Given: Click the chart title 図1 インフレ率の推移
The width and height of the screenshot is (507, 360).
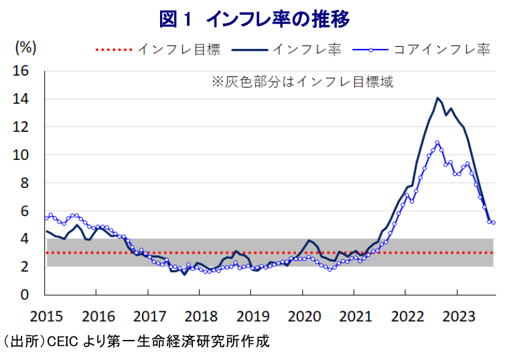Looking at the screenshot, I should coord(255,19).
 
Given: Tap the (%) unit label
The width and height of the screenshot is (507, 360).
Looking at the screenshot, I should coord(25,48).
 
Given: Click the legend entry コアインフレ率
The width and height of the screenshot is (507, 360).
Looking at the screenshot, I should coord(441,49).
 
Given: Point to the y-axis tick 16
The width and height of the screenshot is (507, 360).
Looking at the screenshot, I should coord(21,71).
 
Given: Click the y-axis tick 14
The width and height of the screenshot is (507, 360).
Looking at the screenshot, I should coord(21,99).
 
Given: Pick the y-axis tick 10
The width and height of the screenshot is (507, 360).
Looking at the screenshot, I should coord(21,155).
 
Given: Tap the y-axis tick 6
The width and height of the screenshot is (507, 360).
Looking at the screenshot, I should coord(24,211).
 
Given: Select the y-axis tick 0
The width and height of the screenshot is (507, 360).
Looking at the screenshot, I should coord(24,294).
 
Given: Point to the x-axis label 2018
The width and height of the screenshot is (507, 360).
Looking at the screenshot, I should coord(199,314).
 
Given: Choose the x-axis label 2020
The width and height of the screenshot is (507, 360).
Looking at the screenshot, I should coord(302,314).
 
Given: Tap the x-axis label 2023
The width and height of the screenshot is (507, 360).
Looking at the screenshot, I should coord(457,314).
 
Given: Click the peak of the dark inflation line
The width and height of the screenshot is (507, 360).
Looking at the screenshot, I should coord(438,98).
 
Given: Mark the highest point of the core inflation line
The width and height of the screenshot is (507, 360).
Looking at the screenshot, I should coord(437,143).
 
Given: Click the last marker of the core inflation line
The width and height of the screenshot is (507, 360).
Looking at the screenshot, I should coord(493,222).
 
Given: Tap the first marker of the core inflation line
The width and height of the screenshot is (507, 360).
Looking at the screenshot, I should coord(46,217).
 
